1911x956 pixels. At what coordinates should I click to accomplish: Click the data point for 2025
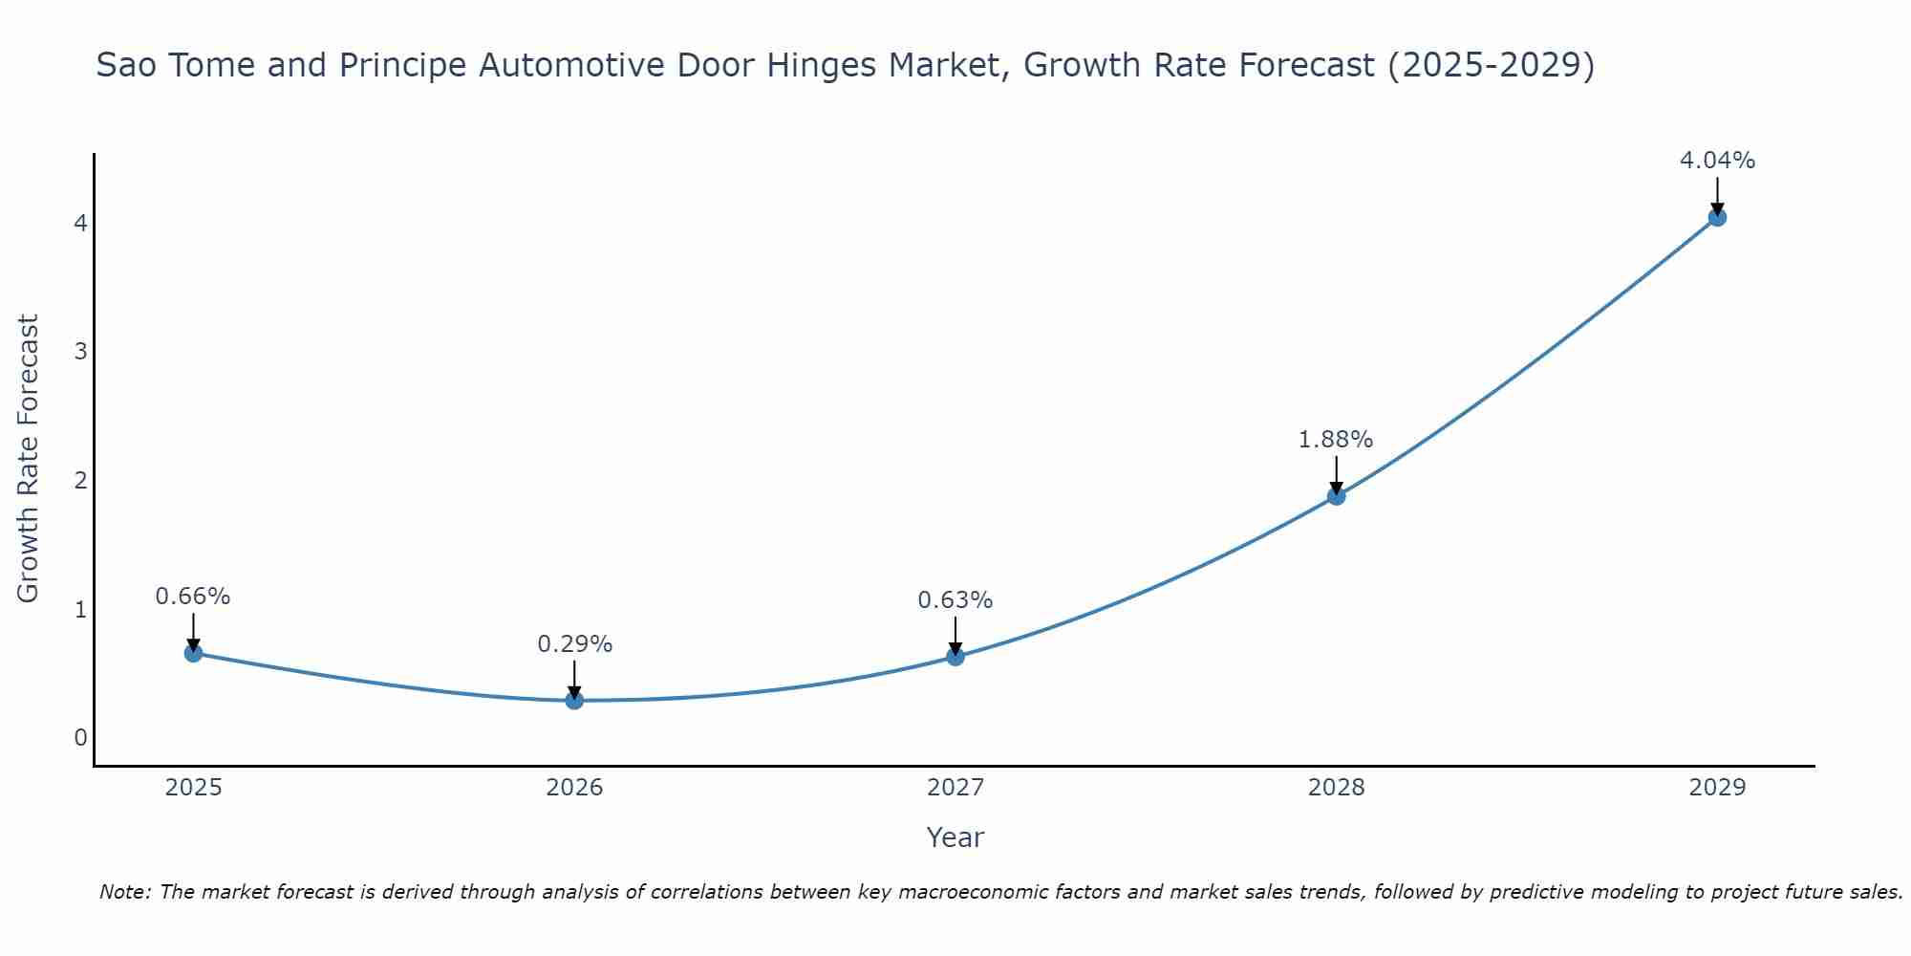[x=193, y=653]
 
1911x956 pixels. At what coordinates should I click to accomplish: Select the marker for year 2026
[x=574, y=700]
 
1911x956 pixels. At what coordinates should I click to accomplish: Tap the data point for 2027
[x=955, y=656]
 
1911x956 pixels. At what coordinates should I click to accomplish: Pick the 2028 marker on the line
[x=1336, y=495]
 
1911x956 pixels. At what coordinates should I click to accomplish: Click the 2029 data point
[x=1717, y=217]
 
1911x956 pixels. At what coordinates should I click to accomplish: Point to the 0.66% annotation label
[x=193, y=597]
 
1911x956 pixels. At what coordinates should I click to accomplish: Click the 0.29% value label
[x=574, y=644]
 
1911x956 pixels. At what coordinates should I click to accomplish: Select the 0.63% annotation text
[x=955, y=600]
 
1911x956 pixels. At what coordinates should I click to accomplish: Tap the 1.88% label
[x=1336, y=440]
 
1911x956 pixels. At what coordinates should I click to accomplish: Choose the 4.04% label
[x=1717, y=161]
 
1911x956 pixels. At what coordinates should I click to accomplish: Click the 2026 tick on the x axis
[x=574, y=788]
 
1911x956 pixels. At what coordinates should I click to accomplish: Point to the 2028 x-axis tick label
[x=1336, y=788]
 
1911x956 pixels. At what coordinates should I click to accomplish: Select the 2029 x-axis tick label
[x=1717, y=788]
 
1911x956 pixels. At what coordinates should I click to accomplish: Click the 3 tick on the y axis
[x=80, y=351]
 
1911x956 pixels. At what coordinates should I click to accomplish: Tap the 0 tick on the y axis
[x=80, y=737]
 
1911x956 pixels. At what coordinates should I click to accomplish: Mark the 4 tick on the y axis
[x=80, y=223]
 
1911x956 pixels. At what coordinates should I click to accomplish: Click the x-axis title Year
[x=955, y=837]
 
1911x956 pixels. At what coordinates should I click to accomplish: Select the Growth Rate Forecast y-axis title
[x=29, y=459]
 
